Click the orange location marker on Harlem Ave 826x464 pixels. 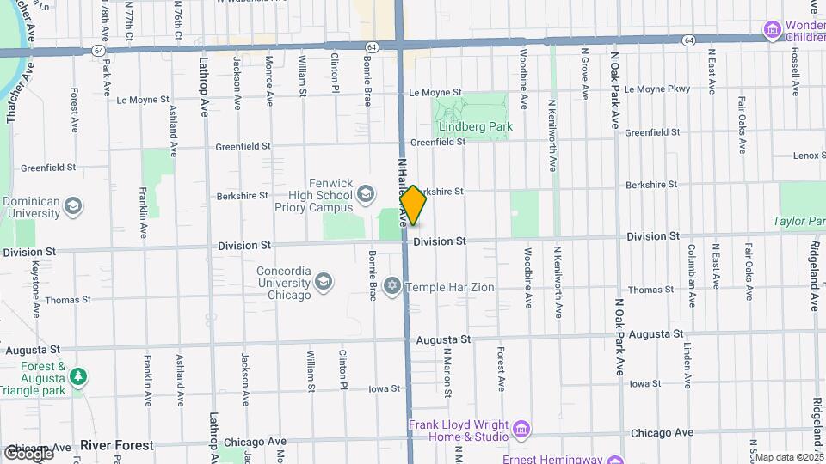tap(413, 205)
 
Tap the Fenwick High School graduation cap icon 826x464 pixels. tap(365, 193)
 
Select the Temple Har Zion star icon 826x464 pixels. tap(392, 287)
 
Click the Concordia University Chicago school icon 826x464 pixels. tap(324, 282)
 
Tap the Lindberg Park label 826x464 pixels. tap(476, 126)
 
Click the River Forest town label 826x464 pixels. tap(117, 445)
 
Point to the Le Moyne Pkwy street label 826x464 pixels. tap(657, 89)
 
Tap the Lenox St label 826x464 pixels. tap(808, 156)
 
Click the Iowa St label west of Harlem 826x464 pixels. tap(385, 388)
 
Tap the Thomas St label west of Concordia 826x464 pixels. tap(68, 300)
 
